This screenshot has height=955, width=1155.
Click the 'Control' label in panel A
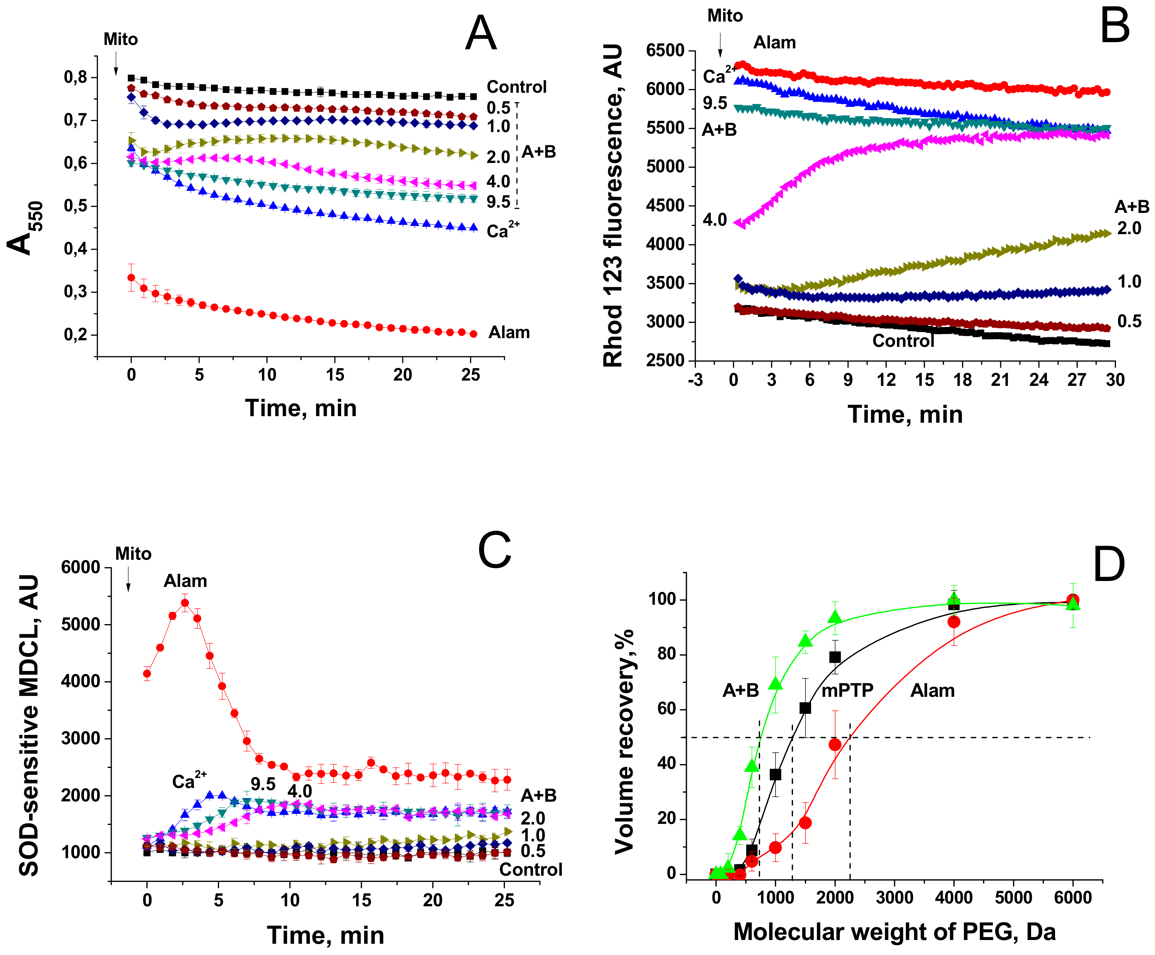[x=516, y=87]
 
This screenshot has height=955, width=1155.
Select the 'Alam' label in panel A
[x=509, y=332]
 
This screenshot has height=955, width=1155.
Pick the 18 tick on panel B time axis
[x=962, y=380]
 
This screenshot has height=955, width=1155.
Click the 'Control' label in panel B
[x=903, y=341]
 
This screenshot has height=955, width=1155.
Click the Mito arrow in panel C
[x=128, y=579]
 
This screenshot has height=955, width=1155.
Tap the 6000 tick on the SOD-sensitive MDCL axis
[x=81, y=567]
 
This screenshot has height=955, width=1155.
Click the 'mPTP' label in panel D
[x=847, y=690]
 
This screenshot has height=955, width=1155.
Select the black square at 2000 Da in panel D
[x=835, y=657]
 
